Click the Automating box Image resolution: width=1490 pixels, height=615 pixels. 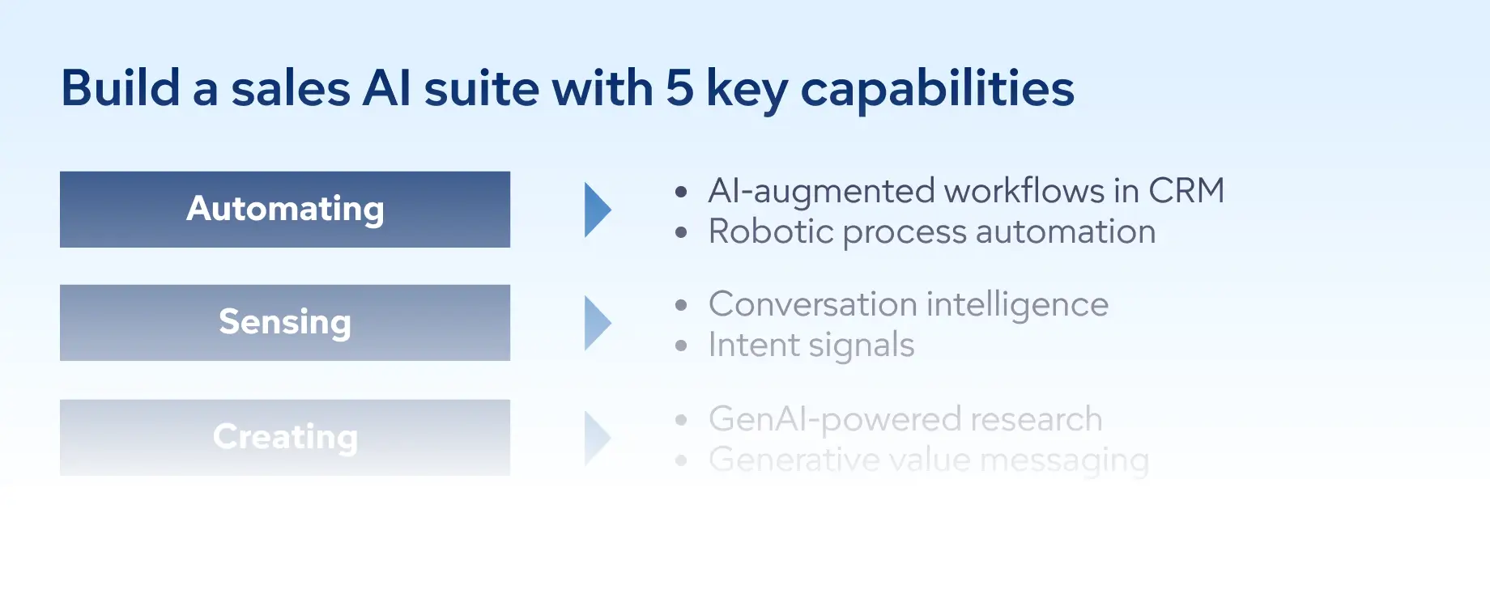pyautogui.click(x=285, y=210)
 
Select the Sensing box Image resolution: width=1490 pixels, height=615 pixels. pyautogui.click(x=285, y=322)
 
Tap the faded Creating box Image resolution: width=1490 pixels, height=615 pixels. pyautogui.click(x=285, y=437)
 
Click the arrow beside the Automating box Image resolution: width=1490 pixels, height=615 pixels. pyautogui.click(x=597, y=210)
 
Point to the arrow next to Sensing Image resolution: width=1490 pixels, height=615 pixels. pyautogui.click(x=597, y=323)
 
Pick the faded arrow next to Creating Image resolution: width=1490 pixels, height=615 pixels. pyautogui.click(x=597, y=438)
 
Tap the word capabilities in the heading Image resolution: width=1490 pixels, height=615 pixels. pyautogui.click(x=937, y=89)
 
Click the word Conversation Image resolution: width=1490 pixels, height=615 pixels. pyautogui.click(x=811, y=304)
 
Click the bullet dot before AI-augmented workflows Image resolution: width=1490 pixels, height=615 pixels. pyautogui.click(x=681, y=192)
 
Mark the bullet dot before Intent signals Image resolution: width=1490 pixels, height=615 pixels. pyautogui.click(x=681, y=346)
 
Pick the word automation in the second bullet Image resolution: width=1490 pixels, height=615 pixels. pyautogui.click(x=1065, y=231)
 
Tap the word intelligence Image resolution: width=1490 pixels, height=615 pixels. pyautogui.click(x=1017, y=305)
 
